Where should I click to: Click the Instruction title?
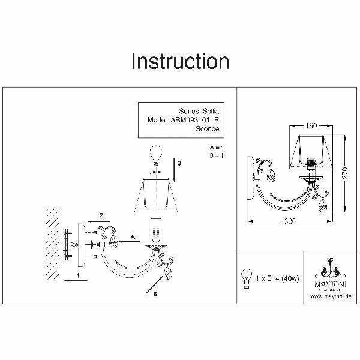pyautogui.click(x=180, y=61)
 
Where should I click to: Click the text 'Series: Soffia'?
pyautogui.click(x=199, y=110)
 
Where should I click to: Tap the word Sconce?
pyautogui.click(x=208, y=128)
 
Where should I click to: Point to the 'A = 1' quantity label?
pyautogui.click(x=216, y=147)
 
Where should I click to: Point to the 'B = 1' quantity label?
pyautogui.click(x=216, y=155)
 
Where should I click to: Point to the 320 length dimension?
pyautogui.click(x=291, y=222)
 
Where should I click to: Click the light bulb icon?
pyautogui.click(x=245, y=278)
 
